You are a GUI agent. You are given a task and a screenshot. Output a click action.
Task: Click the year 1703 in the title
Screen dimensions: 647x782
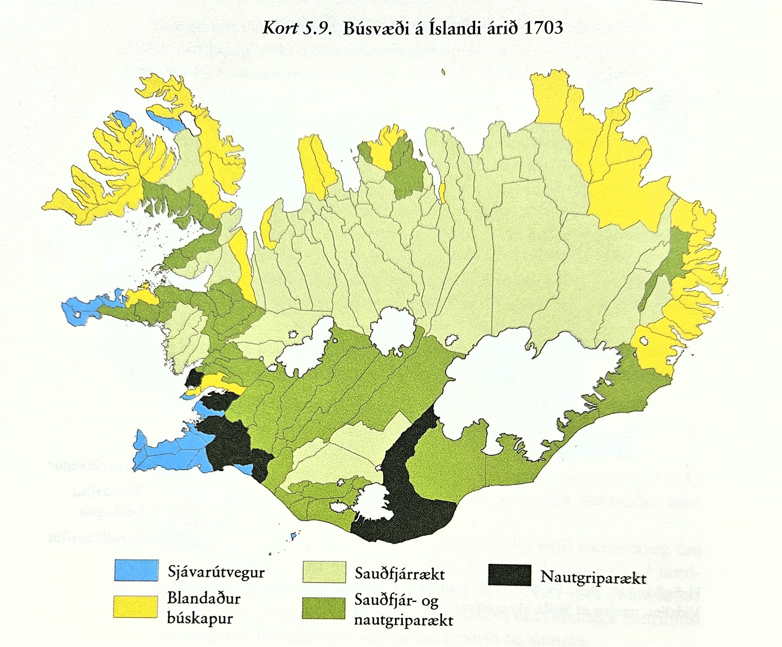[542, 28]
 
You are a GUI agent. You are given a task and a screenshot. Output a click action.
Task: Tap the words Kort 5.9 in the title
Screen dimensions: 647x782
[297, 28]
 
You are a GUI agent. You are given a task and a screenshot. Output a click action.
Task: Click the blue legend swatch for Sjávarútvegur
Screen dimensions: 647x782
[136, 570]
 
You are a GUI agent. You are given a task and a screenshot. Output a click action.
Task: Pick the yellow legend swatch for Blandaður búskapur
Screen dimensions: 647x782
[135, 606]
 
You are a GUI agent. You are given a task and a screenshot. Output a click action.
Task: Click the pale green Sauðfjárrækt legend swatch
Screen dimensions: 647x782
[324, 573]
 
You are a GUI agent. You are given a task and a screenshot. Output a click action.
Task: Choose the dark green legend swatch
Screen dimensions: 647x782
[323, 608]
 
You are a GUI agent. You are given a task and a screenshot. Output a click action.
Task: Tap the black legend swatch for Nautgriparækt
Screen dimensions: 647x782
[509, 575]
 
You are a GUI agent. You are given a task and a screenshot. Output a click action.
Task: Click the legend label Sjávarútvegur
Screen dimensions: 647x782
[216, 572]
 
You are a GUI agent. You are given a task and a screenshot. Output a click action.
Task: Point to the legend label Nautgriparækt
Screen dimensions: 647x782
[593, 577]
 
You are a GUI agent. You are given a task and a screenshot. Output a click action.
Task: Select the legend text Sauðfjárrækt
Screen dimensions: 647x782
[400, 574]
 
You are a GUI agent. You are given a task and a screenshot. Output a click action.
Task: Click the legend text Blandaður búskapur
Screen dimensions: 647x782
[203, 608]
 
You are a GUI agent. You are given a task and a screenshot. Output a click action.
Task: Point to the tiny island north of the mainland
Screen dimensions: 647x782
[443, 72]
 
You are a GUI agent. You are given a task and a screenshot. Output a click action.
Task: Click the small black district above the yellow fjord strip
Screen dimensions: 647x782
[194, 377]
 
